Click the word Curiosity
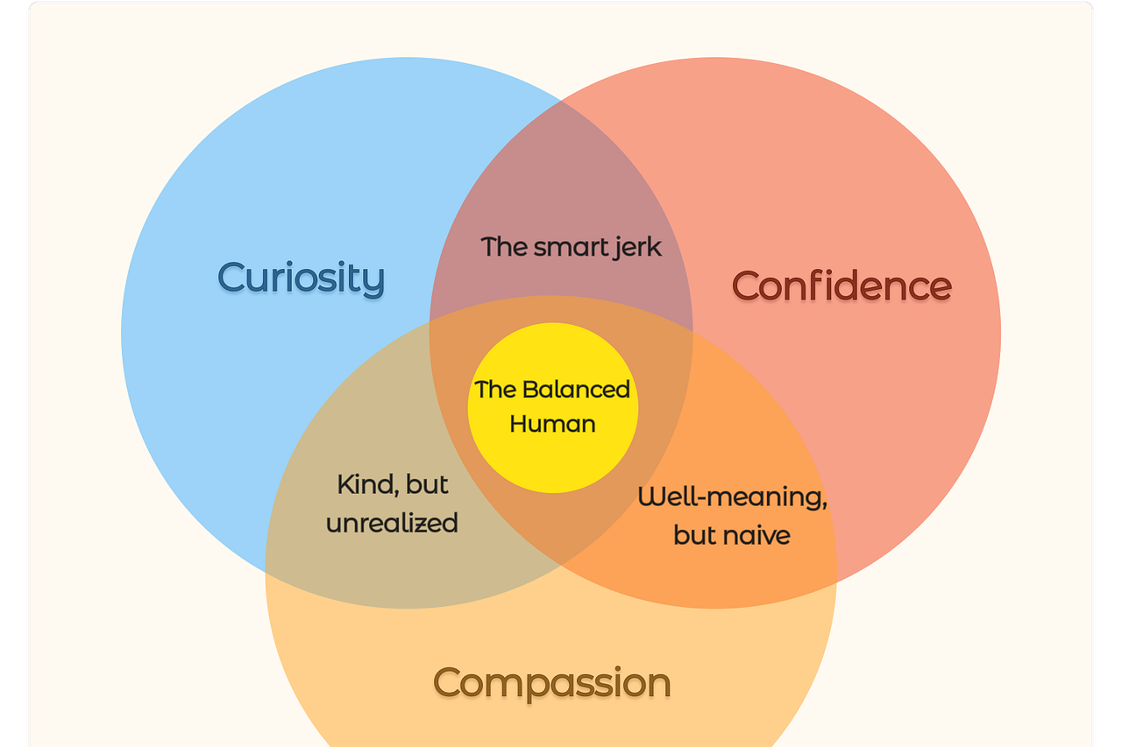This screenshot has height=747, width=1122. [x=301, y=278]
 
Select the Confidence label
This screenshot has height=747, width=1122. [x=841, y=285]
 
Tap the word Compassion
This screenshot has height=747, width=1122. [x=552, y=682]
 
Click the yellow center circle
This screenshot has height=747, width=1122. [x=553, y=455]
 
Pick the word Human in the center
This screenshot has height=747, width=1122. [x=552, y=424]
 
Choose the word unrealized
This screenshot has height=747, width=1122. [x=392, y=523]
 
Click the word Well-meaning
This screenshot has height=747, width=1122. [x=732, y=497]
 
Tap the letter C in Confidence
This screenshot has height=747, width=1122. [x=748, y=285]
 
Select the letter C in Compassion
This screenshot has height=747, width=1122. [x=449, y=682]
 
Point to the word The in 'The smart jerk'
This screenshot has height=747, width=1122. [x=503, y=246]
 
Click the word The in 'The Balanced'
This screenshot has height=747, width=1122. [x=494, y=389]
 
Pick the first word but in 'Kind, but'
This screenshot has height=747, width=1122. [x=429, y=484]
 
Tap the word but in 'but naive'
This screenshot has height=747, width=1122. [x=693, y=534]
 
